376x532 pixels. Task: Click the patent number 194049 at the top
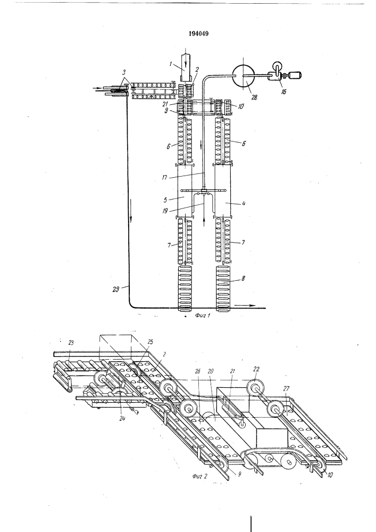tap(198, 33)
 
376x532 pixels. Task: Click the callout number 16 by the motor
tap(283, 92)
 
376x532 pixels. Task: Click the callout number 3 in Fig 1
tap(124, 72)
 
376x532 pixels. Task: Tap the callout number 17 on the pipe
tap(164, 177)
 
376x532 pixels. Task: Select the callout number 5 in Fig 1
tap(165, 200)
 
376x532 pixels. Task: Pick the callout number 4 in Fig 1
tap(243, 204)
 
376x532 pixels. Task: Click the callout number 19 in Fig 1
tap(165, 211)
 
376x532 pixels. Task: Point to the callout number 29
tap(116, 289)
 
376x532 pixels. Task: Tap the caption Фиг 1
tap(203, 316)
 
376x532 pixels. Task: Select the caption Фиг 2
tap(199, 476)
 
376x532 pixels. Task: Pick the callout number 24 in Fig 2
tap(122, 418)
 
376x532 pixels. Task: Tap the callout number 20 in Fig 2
tap(210, 371)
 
